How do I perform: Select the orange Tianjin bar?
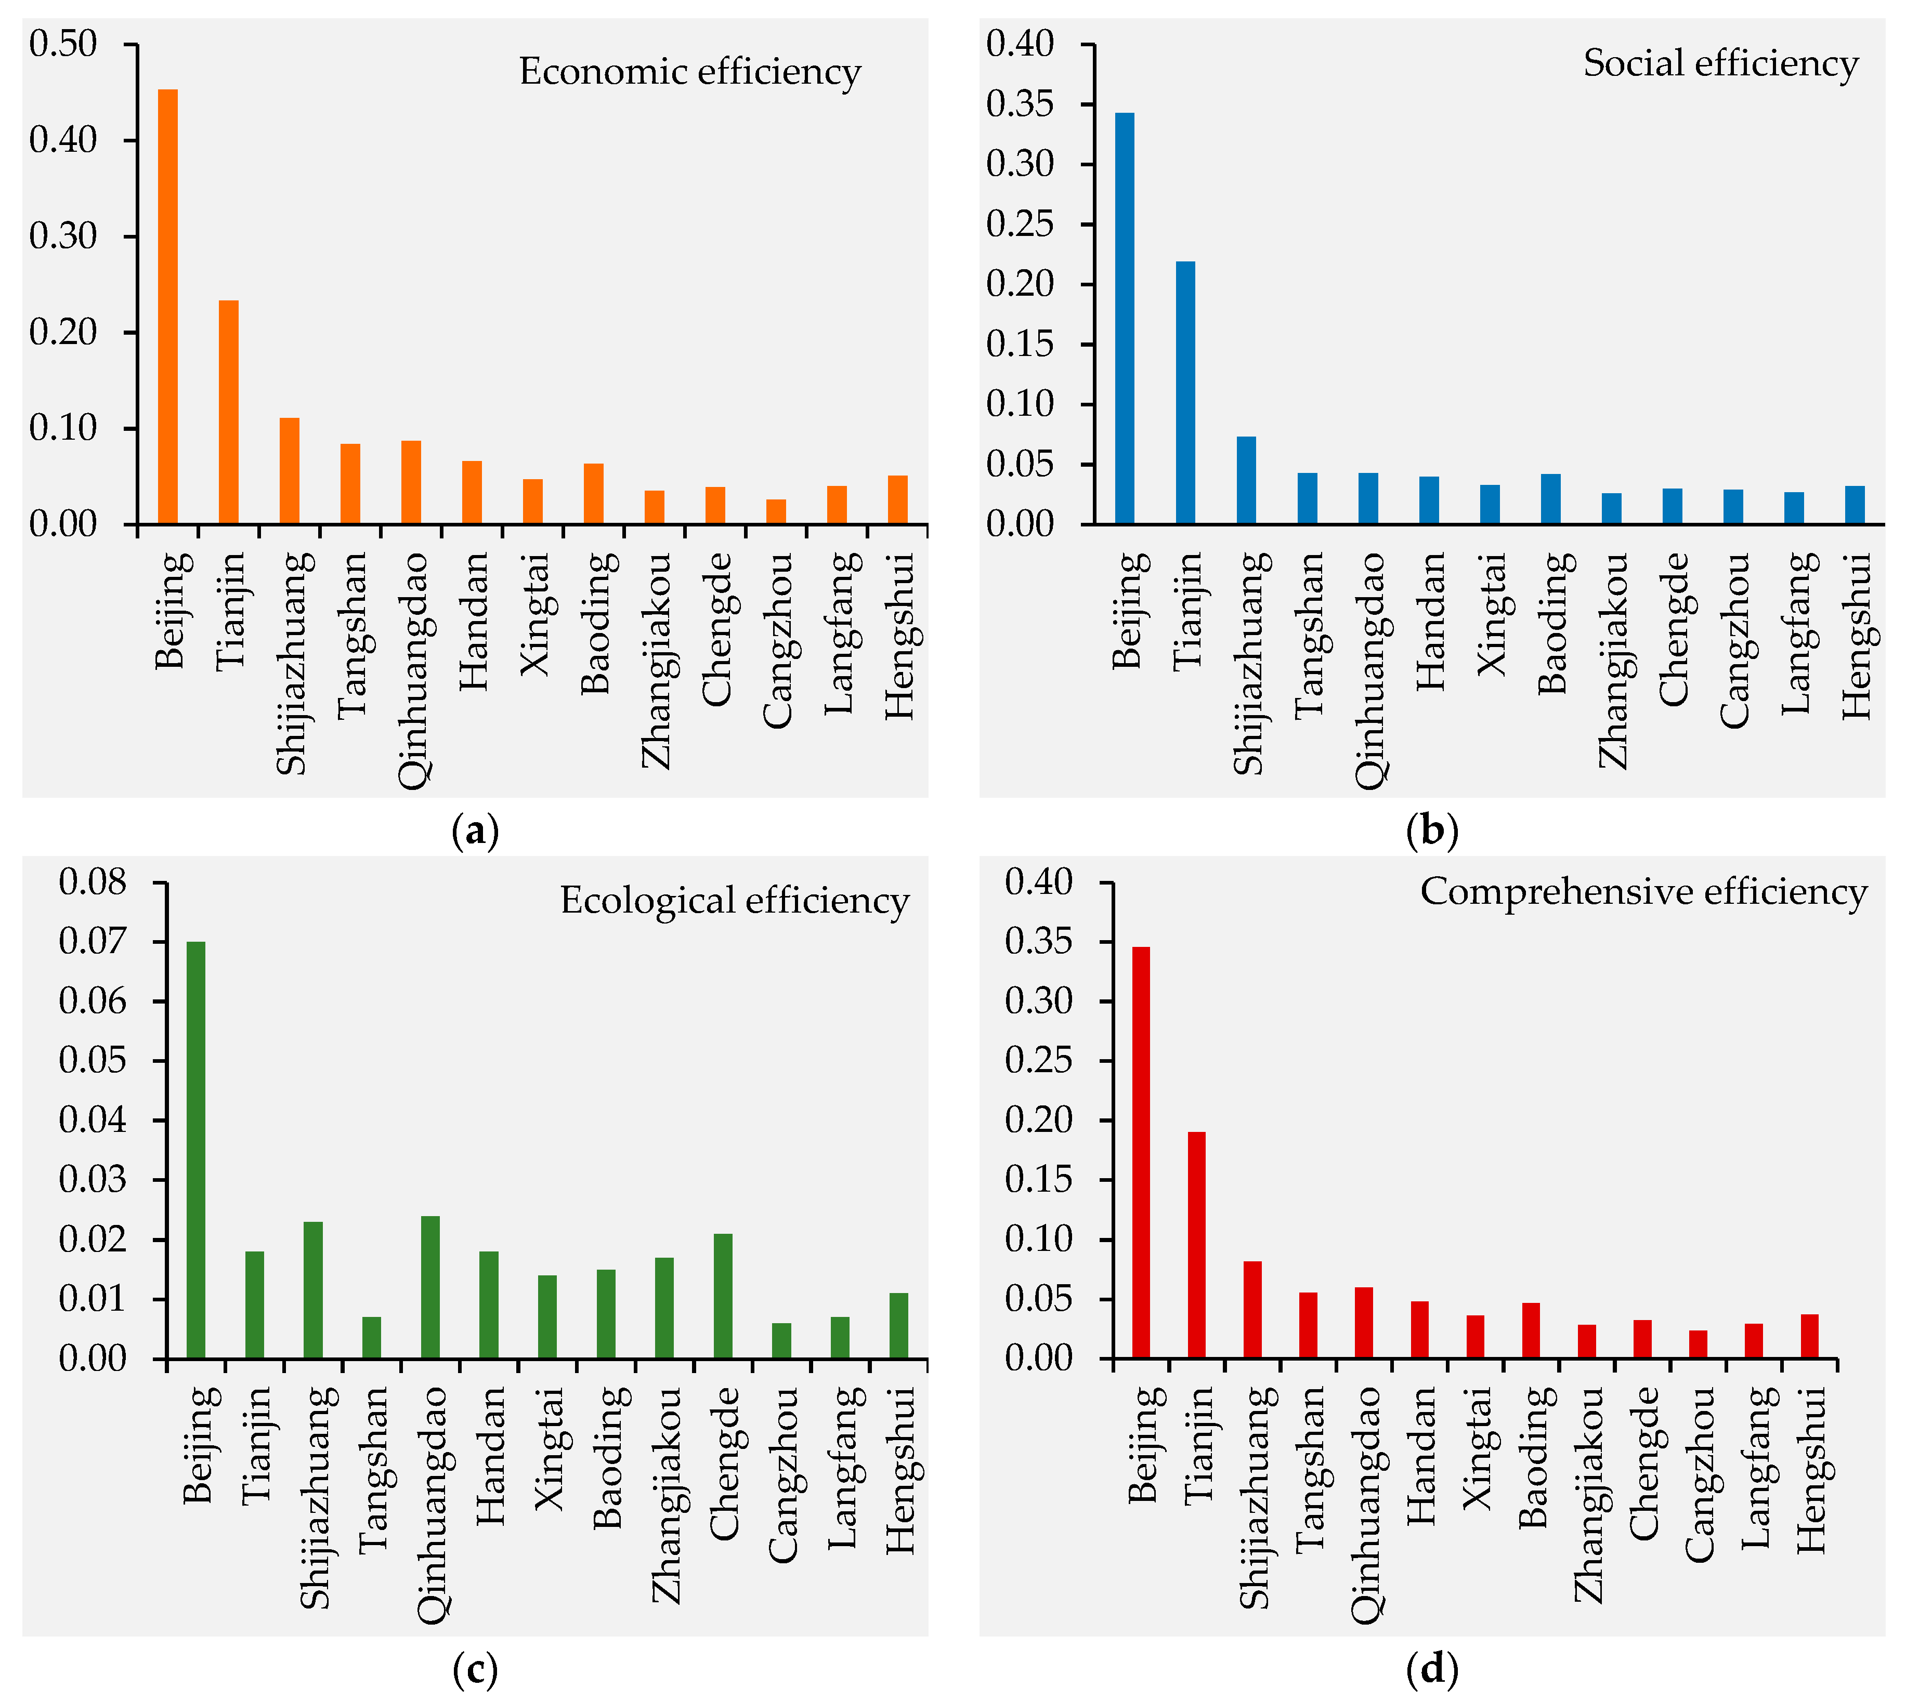(x=228, y=411)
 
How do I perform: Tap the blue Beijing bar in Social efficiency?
(x=1125, y=318)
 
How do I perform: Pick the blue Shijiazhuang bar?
(x=1246, y=480)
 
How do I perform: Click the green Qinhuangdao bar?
(x=430, y=1287)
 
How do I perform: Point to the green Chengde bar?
(x=723, y=1296)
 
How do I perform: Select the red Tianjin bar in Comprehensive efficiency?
(x=1196, y=1245)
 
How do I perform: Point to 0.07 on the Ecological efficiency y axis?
(x=92, y=941)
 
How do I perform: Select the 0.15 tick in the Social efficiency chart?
(x=1020, y=344)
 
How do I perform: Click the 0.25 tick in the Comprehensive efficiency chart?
(x=1039, y=1061)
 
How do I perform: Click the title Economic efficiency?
(x=690, y=72)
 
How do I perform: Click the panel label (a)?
(x=475, y=830)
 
